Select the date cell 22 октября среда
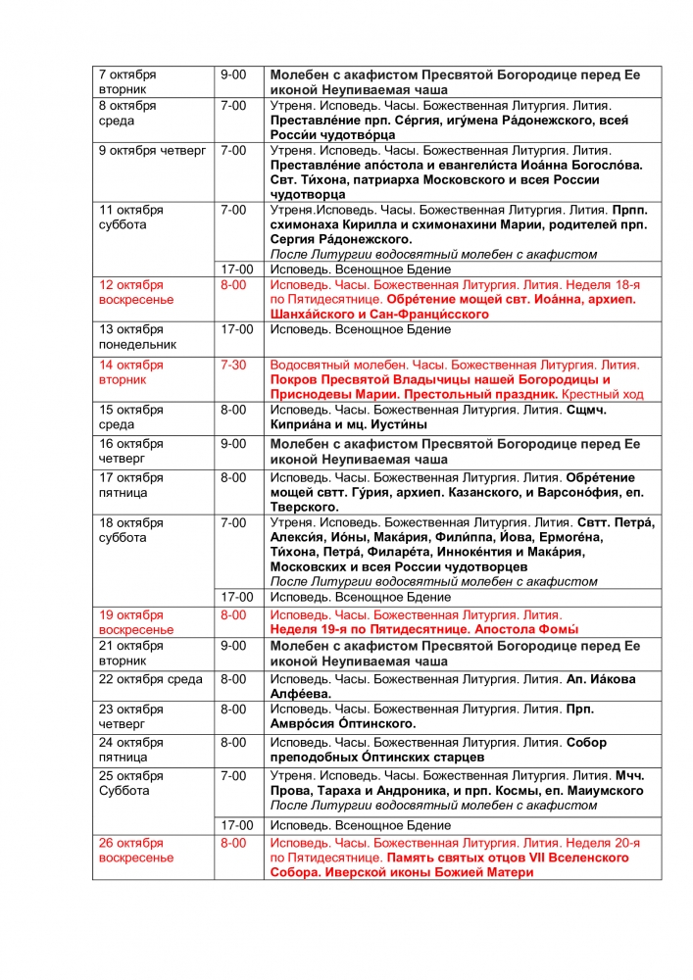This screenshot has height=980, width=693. (x=150, y=679)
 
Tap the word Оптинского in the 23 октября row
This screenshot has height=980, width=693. (x=375, y=724)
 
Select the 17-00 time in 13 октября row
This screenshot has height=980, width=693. (x=236, y=329)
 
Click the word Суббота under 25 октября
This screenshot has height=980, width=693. (x=124, y=791)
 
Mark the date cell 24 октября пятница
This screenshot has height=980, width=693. (x=131, y=750)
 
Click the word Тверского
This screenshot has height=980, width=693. (x=304, y=507)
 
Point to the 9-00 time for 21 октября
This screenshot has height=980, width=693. (x=234, y=647)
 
